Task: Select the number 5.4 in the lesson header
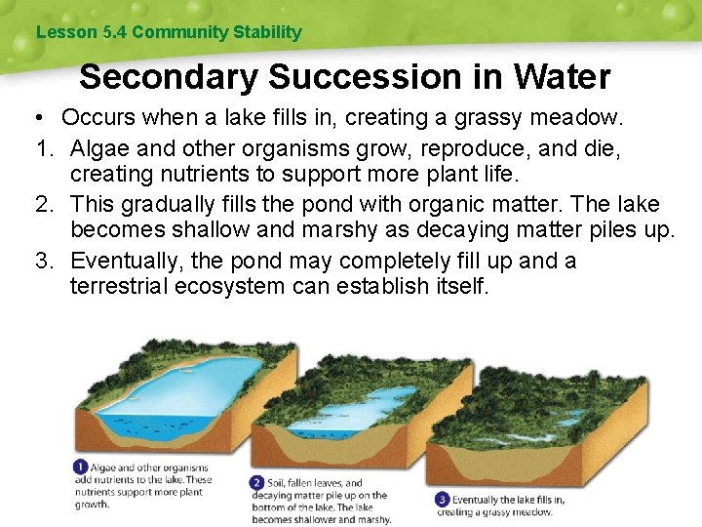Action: pos(113,32)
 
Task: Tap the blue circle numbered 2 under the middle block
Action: pos(257,482)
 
